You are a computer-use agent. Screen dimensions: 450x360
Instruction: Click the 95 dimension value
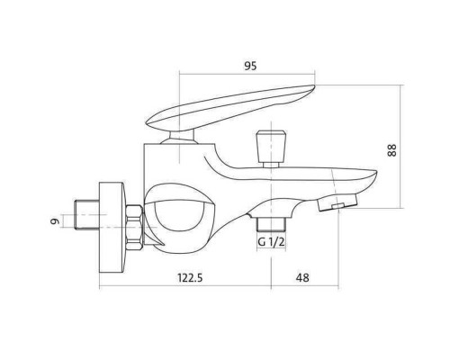250,66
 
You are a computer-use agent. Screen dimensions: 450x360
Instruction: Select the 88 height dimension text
391,150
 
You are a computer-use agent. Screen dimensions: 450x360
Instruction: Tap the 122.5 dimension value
190,278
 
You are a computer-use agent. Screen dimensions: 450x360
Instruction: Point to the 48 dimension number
302,278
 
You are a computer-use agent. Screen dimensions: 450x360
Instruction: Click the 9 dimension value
54,221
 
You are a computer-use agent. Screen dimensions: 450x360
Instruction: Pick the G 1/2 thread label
271,242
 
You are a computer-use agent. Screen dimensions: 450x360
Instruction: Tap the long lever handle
230,108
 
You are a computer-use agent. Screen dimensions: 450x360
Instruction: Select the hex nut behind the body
134,227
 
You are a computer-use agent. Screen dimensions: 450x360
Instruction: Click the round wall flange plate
112,228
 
